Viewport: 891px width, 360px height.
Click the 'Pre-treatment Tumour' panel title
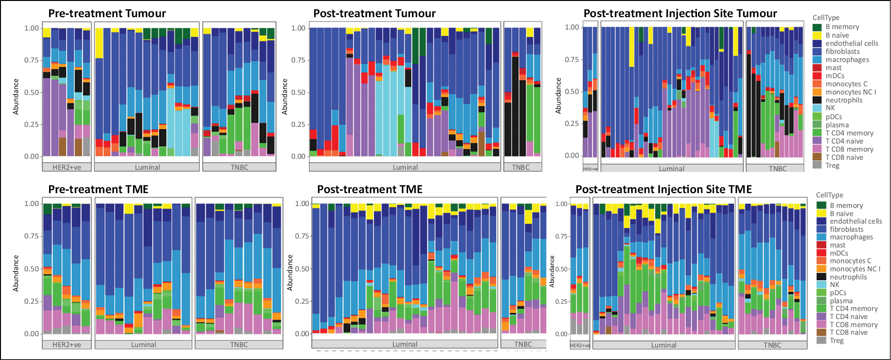107,13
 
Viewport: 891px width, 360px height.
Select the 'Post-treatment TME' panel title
370,189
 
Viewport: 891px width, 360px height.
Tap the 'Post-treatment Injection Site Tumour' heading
680,13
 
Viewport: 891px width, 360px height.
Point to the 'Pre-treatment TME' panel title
99,189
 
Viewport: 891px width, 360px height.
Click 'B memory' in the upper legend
842,27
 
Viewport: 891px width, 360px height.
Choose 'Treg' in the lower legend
837,340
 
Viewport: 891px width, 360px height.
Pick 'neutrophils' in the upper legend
844,100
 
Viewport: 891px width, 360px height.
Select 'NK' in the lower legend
834,285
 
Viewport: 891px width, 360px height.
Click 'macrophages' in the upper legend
847,60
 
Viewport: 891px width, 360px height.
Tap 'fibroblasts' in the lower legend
847,229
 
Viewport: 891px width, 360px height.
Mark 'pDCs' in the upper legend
834,117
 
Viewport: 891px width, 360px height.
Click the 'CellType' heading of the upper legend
826,18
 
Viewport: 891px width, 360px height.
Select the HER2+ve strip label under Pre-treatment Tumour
67,167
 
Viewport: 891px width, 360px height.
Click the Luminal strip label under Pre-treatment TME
143,345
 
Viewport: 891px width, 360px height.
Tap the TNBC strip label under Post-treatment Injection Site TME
772,345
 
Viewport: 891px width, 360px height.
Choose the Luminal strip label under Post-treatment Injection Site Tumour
672,169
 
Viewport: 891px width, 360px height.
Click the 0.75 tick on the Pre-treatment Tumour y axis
32,60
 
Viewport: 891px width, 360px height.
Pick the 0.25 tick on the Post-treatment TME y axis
302,301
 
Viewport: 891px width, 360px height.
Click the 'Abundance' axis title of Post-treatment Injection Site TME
553,271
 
